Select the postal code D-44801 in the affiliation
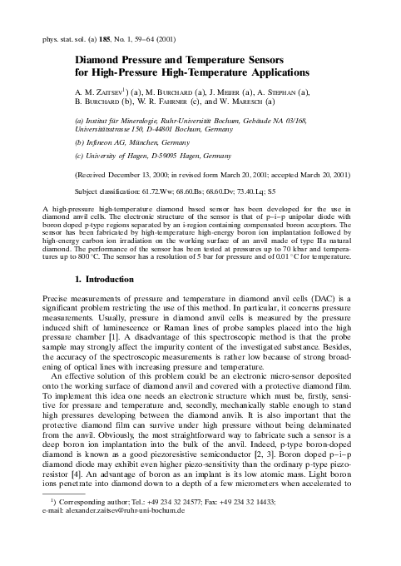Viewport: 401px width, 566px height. (173, 131)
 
